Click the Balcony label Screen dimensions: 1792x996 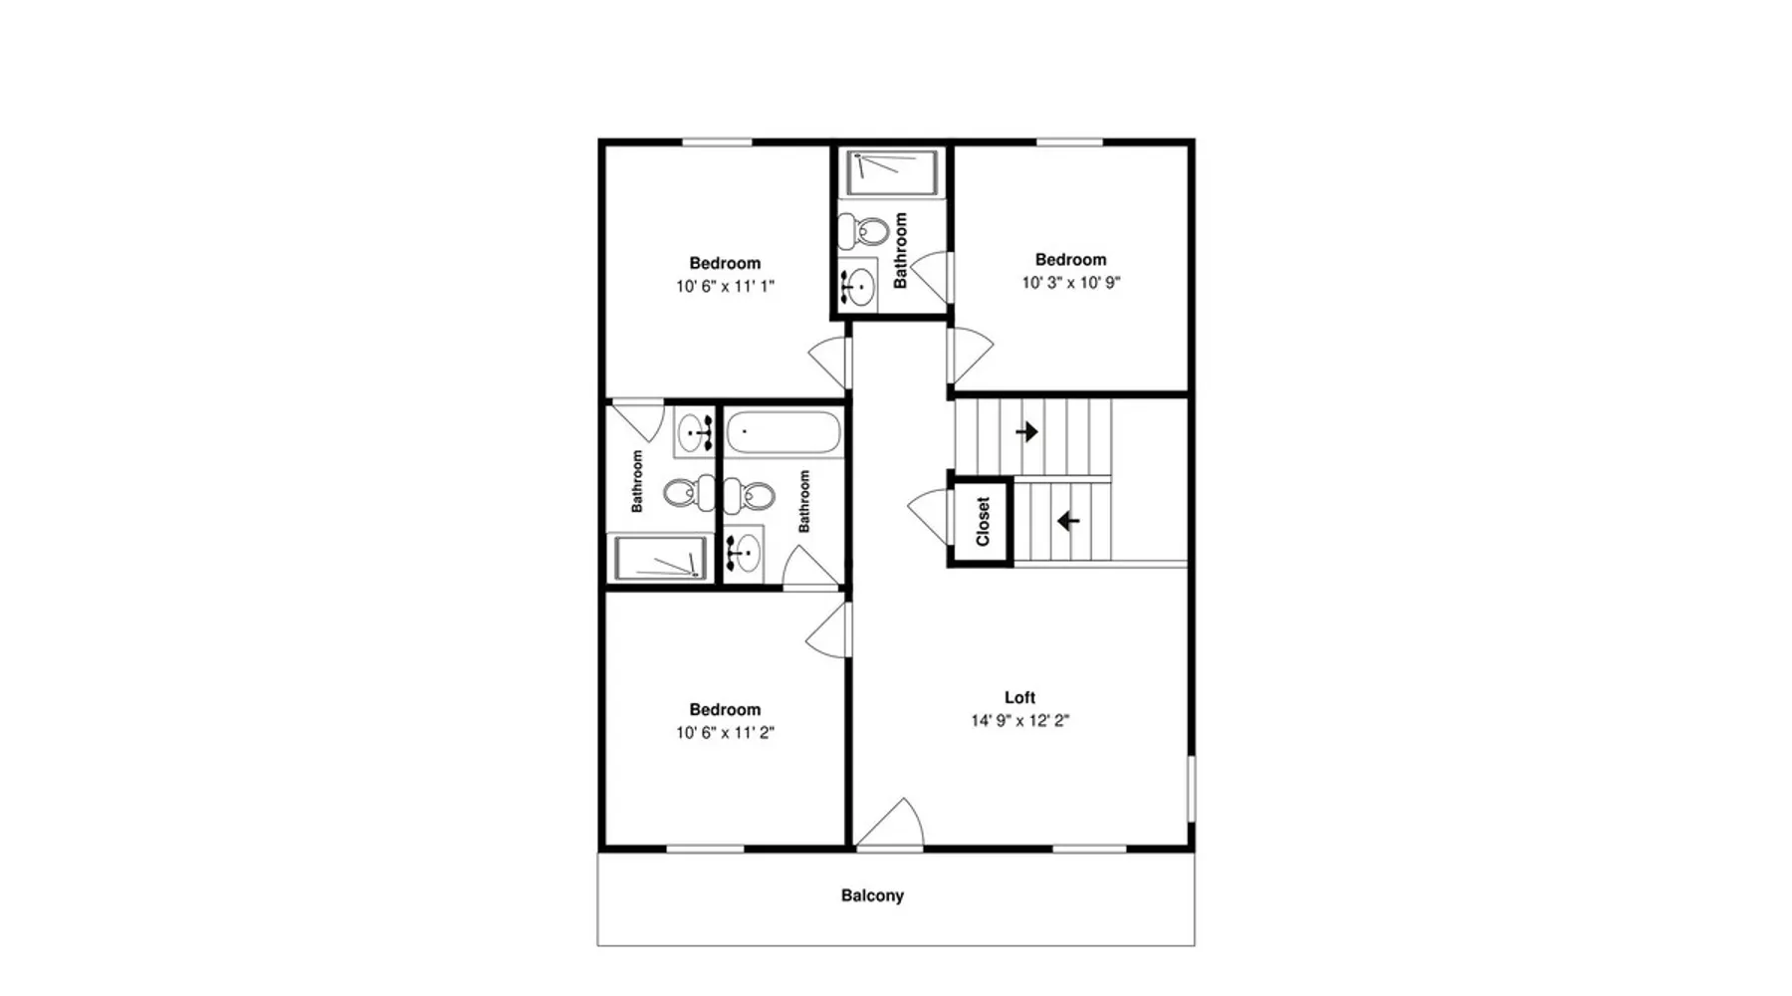point(872,895)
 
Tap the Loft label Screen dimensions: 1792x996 point(1019,698)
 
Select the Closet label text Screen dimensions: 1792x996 point(983,522)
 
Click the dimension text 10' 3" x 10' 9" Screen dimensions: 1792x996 point(1071,283)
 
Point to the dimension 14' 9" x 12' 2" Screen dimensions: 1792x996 point(1019,721)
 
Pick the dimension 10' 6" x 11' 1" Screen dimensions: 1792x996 point(725,287)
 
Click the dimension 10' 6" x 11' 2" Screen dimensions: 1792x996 point(725,733)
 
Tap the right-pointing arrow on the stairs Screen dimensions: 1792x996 point(1026,432)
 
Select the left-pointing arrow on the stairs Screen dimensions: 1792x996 point(1068,521)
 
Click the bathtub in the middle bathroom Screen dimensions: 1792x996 point(784,433)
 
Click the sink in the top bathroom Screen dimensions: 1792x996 point(856,287)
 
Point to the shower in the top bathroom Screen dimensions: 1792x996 point(891,172)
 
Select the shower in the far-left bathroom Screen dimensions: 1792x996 point(660,558)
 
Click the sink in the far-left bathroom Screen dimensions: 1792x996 point(694,432)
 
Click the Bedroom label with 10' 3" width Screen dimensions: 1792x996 point(1071,260)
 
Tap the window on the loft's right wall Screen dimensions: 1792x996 point(1192,789)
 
